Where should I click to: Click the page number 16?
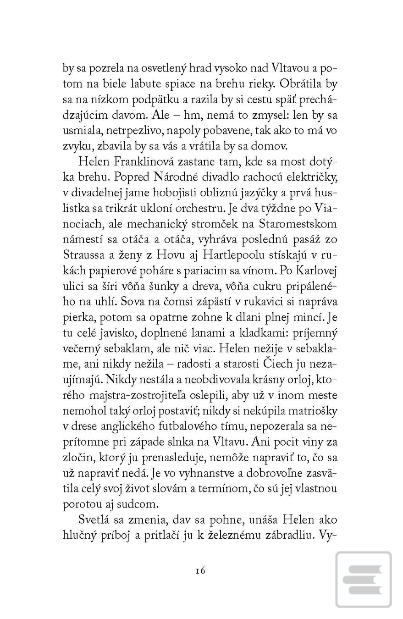pos(200,570)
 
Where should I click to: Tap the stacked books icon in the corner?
pos(364,580)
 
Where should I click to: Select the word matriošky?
pos(310,411)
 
